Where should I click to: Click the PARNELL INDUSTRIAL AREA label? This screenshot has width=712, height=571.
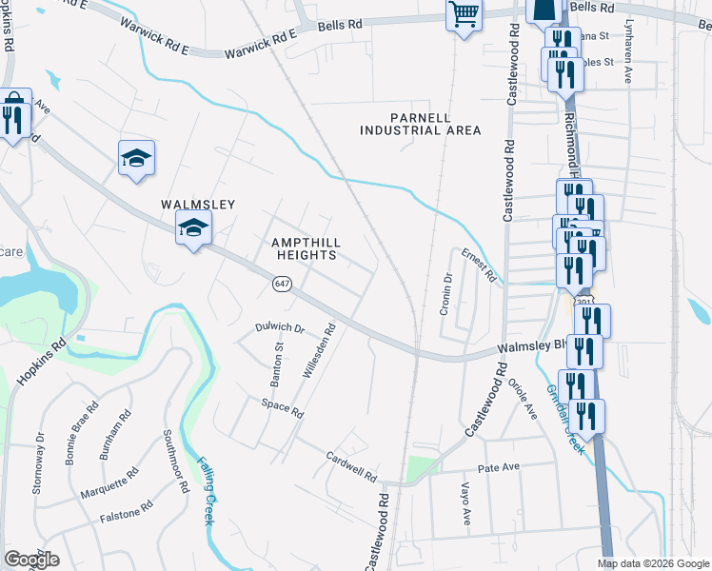tap(420, 124)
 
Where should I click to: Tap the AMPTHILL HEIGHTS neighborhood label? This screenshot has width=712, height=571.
tap(305, 248)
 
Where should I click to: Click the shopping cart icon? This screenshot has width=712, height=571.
tap(464, 15)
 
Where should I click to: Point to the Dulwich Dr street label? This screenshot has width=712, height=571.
tap(280, 327)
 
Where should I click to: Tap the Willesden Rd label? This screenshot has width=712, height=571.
tap(320, 352)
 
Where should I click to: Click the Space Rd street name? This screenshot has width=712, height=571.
tap(283, 410)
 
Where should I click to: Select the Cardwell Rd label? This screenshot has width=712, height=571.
tap(351, 465)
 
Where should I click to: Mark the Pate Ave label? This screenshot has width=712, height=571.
tap(498, 467)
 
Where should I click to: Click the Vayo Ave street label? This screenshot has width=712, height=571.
tap(466, 503)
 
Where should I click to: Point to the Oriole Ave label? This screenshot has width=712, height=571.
tap(524, 399)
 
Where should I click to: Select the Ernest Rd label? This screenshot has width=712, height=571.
tap(479, 266)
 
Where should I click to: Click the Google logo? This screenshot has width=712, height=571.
tap(30, 560)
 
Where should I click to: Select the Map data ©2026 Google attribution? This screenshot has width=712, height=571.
tap(653, 563)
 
